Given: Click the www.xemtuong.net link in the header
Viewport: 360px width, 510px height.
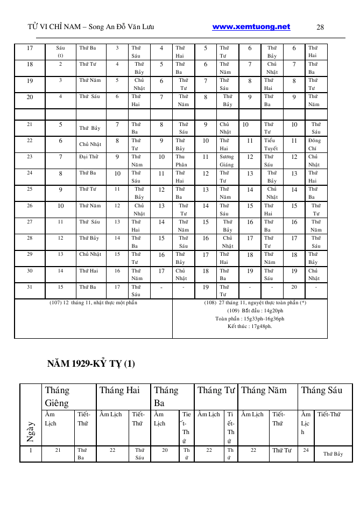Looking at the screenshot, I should pos(251,27).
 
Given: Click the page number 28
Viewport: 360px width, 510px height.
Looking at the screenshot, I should pos(320,27).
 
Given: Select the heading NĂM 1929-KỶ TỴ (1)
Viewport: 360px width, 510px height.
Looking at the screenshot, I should pos(91,364).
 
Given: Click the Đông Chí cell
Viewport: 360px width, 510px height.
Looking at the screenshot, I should pos(314,144).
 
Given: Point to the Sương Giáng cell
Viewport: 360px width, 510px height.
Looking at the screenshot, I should pos(227,160).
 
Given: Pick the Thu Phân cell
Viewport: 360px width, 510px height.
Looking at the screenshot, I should pos(182,160).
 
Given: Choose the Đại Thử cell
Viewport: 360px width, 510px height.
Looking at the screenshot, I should pos(89,157).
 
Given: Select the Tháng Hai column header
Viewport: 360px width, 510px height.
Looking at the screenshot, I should pos(119,390).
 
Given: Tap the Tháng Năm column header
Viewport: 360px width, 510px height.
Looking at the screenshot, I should pos(264,390).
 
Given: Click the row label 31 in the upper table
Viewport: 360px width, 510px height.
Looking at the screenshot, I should pos(30,287).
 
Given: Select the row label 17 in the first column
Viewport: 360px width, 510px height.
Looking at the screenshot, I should pos(30,48).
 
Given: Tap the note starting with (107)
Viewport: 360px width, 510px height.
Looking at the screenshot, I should pos(94,303).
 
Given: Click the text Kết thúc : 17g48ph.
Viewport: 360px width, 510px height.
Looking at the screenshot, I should pos(250,326).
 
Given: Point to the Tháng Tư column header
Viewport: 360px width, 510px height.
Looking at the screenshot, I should pos(216,390).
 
